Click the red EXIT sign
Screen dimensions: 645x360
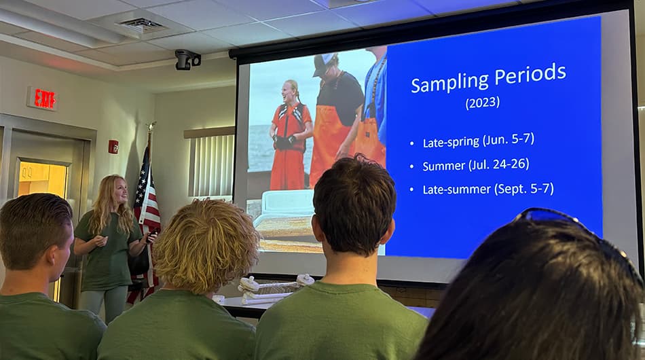42,98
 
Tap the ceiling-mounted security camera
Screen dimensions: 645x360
187,60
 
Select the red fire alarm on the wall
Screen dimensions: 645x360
113,147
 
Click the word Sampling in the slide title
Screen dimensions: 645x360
450,81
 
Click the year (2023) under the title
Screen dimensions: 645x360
483,103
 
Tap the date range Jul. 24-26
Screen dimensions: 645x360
498,164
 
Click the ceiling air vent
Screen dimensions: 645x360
141,26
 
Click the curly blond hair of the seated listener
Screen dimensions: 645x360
206,245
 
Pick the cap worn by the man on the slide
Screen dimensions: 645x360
323,64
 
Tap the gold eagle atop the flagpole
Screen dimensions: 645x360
152,126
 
